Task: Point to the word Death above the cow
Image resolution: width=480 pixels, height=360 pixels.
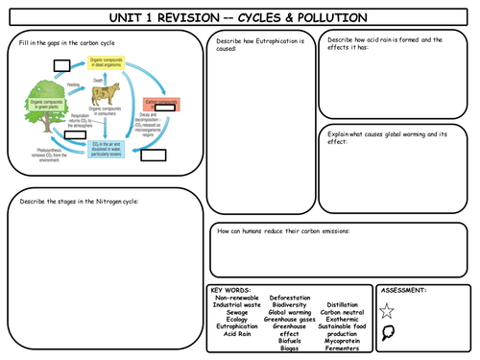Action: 99,79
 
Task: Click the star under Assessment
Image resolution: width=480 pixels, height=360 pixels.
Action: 387,310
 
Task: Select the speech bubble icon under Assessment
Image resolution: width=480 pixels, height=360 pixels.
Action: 387,334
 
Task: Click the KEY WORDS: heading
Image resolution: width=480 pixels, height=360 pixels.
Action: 230,289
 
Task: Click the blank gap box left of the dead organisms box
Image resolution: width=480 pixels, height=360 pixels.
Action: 63,65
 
